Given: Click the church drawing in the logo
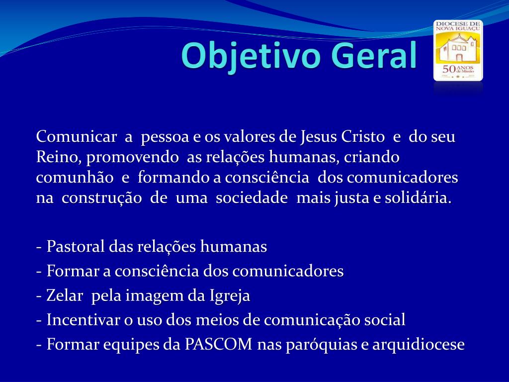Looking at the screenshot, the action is (458, 48).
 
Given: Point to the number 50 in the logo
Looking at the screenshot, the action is (449, 69).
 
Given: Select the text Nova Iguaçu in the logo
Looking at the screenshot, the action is (458, 28).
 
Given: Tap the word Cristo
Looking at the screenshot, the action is (362, 137).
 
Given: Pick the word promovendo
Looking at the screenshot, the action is (132, 158).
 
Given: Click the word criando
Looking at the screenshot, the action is (372, 157).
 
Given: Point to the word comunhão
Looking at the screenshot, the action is (75, 178).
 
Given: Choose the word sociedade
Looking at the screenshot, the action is (252, 198).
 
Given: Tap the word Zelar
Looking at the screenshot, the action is (65, 295).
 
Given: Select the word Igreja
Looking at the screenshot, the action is (230, 296).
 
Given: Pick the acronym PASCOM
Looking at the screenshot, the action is (219, 344).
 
